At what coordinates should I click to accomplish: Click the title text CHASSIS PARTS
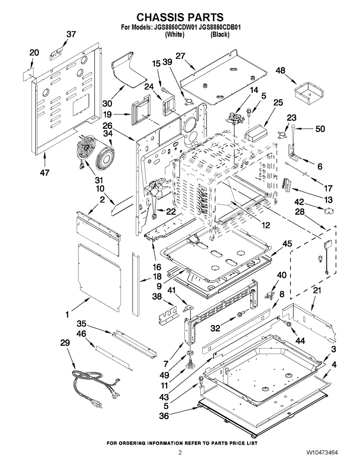(x=180, y=17)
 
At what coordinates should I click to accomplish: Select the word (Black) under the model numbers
(x=220, y=35)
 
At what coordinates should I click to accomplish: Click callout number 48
(x=281, y=71)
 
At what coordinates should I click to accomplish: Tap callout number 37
(x=71, y=34)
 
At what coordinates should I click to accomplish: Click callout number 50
(x=320, y=129)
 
